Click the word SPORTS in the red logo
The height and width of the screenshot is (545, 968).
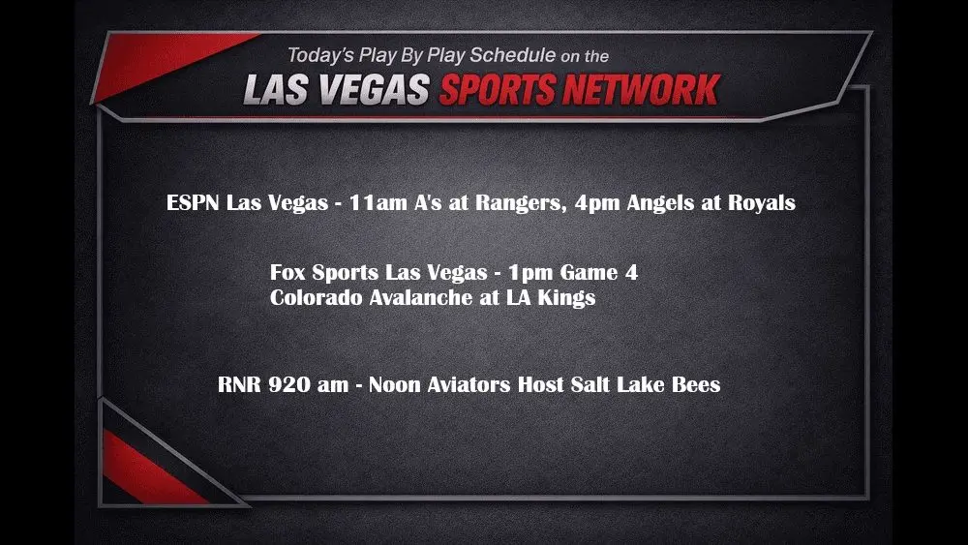497,90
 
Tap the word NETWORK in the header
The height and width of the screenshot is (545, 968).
642,90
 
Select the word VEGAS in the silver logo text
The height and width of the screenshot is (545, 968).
374,90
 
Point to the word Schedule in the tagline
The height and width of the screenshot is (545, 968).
512,55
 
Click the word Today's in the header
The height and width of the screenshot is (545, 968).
320,55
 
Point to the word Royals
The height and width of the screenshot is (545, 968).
762,203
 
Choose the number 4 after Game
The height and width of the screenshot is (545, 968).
631,272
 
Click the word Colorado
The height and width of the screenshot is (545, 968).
317,297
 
